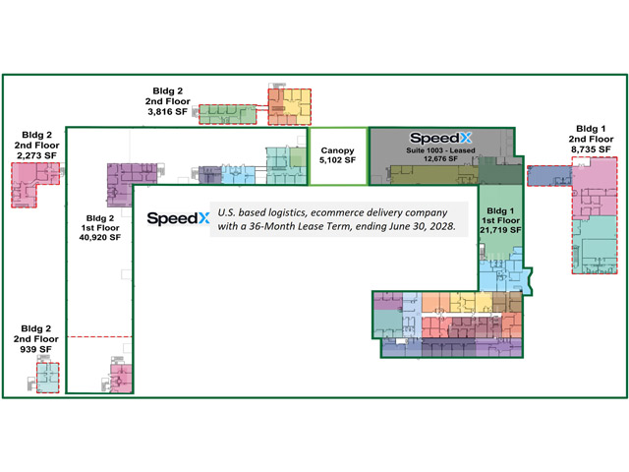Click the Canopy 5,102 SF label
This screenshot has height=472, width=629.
coord(337,155)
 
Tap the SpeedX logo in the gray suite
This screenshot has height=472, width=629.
coord(440,138)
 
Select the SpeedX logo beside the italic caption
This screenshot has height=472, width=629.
coord(178,218)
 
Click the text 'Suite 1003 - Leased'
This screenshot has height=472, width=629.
coord(440,150)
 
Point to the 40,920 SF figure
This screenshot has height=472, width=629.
coord(100,238)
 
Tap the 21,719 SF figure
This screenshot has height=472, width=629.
coord(500,230)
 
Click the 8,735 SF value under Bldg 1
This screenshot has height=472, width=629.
coord(591,149)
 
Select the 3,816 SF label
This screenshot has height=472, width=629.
coord(168,112)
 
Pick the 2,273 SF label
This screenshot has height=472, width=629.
coord(36,155)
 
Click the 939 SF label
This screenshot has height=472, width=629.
coord(35,350)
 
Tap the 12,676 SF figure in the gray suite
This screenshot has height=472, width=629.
coord(440,158)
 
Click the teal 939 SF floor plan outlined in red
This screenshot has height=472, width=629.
coord(48,378)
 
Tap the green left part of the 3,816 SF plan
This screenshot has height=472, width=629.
coord(227,114)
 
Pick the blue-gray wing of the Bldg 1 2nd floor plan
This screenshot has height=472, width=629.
coord(549,176)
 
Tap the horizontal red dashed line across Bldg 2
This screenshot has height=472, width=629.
coord(99,336)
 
